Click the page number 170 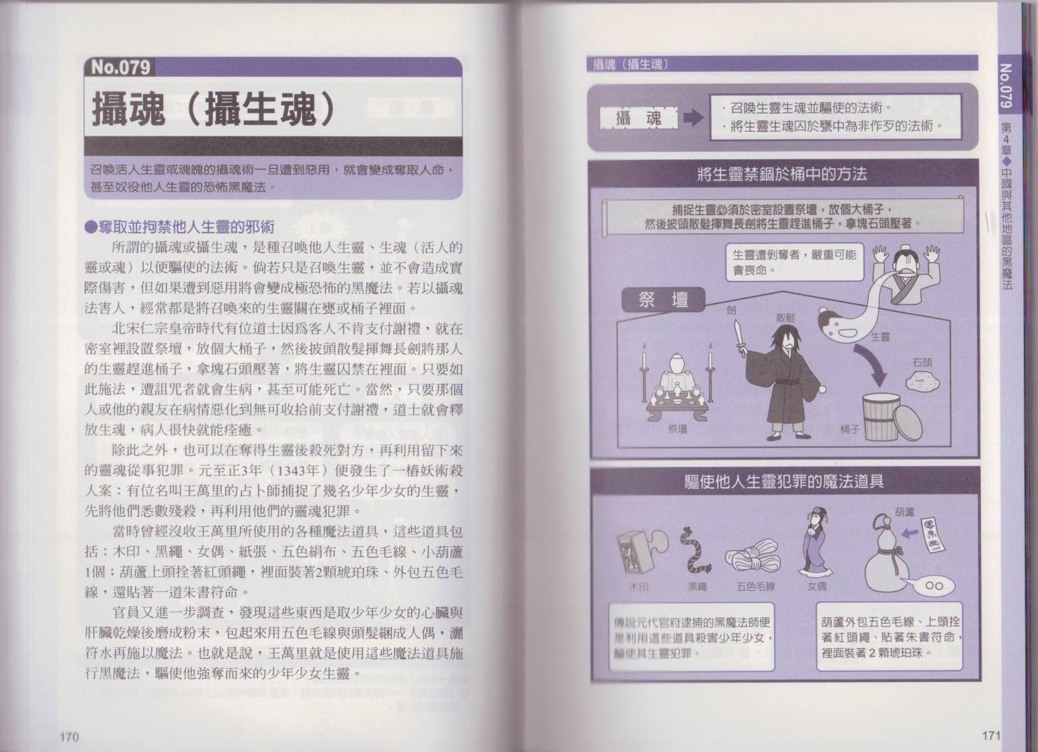[69, 737]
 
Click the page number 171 [991, 735]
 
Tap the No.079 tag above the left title [120, 68]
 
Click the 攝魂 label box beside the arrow [638, 119]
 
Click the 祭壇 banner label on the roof [663, 300]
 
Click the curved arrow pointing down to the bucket [873, 368]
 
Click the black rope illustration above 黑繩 [695, 551]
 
